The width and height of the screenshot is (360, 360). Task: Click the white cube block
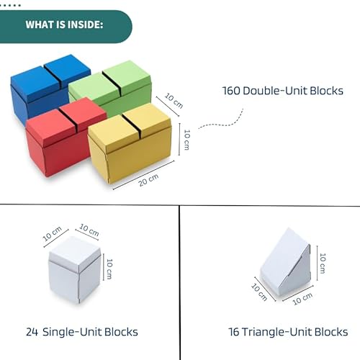[x=75, y=269]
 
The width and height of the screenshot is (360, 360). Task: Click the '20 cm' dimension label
[x=148, y=180]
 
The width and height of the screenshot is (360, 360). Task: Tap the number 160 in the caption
[x=231, y=91]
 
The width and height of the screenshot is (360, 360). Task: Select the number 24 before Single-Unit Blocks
[x=32, y=332]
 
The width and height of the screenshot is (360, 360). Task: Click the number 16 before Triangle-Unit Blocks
[x=234, y=332]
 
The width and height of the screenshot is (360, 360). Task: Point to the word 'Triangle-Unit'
[x=276, y=333]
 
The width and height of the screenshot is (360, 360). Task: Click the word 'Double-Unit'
[x=275, y=91]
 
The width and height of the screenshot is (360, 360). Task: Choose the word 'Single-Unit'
[x=72, y=333]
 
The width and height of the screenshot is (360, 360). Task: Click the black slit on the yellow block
[x=131, y=123]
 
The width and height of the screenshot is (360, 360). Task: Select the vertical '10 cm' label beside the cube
[x=109, y=269]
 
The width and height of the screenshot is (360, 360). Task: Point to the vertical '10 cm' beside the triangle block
[x=323, y=264]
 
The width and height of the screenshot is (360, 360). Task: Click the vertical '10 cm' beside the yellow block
[x=186, y=140]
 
